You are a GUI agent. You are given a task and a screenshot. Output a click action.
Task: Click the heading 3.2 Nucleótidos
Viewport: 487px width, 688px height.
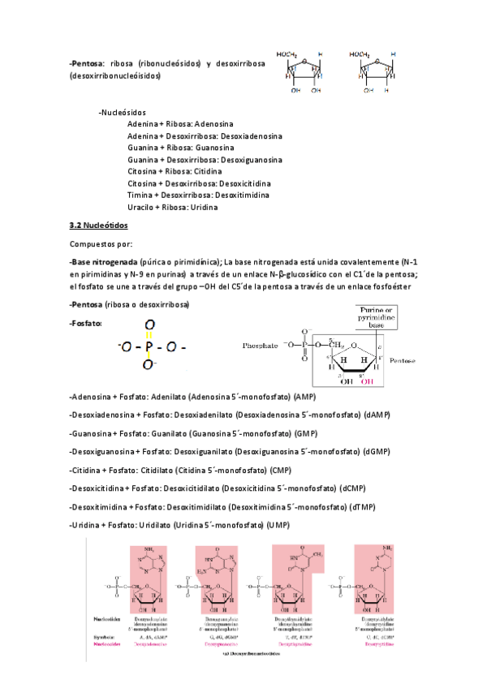point(99,224)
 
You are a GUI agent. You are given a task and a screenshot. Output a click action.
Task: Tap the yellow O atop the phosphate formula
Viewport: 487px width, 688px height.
point(148,328)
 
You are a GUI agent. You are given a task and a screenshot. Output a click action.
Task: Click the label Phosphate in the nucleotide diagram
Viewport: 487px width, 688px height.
point(262,346)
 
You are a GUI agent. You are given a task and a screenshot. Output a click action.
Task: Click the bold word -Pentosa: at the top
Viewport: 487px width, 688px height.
point(87,62)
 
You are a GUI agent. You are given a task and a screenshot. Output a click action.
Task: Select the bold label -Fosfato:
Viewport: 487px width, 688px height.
point(86,323)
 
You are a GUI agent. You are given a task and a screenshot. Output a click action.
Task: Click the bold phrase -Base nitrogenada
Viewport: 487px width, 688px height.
point(103,262)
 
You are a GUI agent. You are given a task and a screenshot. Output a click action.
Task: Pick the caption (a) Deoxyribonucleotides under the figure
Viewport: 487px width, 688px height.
point(253,659)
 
